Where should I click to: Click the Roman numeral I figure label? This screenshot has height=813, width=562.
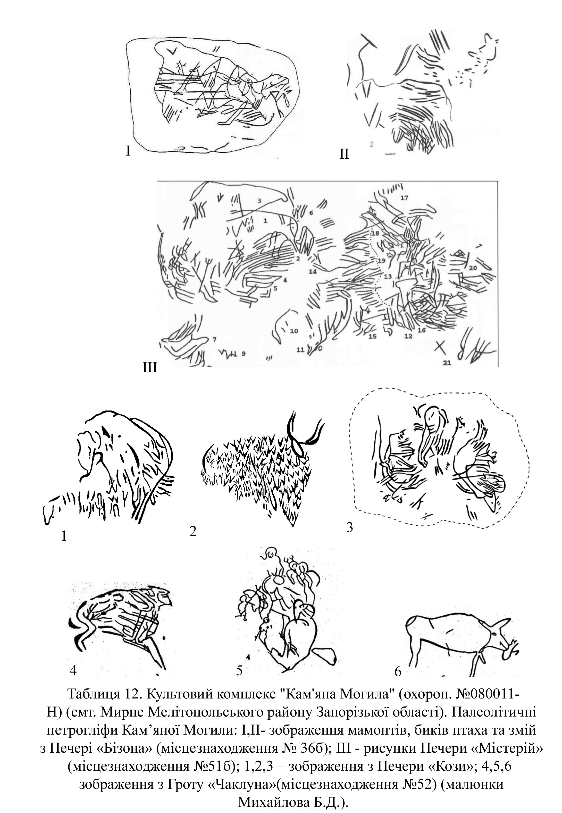(129, 151)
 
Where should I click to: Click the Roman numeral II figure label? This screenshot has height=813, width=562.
(344, 154)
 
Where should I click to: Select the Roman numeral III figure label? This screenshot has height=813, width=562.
(150, 368)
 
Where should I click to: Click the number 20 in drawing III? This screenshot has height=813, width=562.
(473, 268)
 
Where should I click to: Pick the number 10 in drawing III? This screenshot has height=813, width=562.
(294, 331)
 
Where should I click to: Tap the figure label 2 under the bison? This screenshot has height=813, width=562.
(192, 532)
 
